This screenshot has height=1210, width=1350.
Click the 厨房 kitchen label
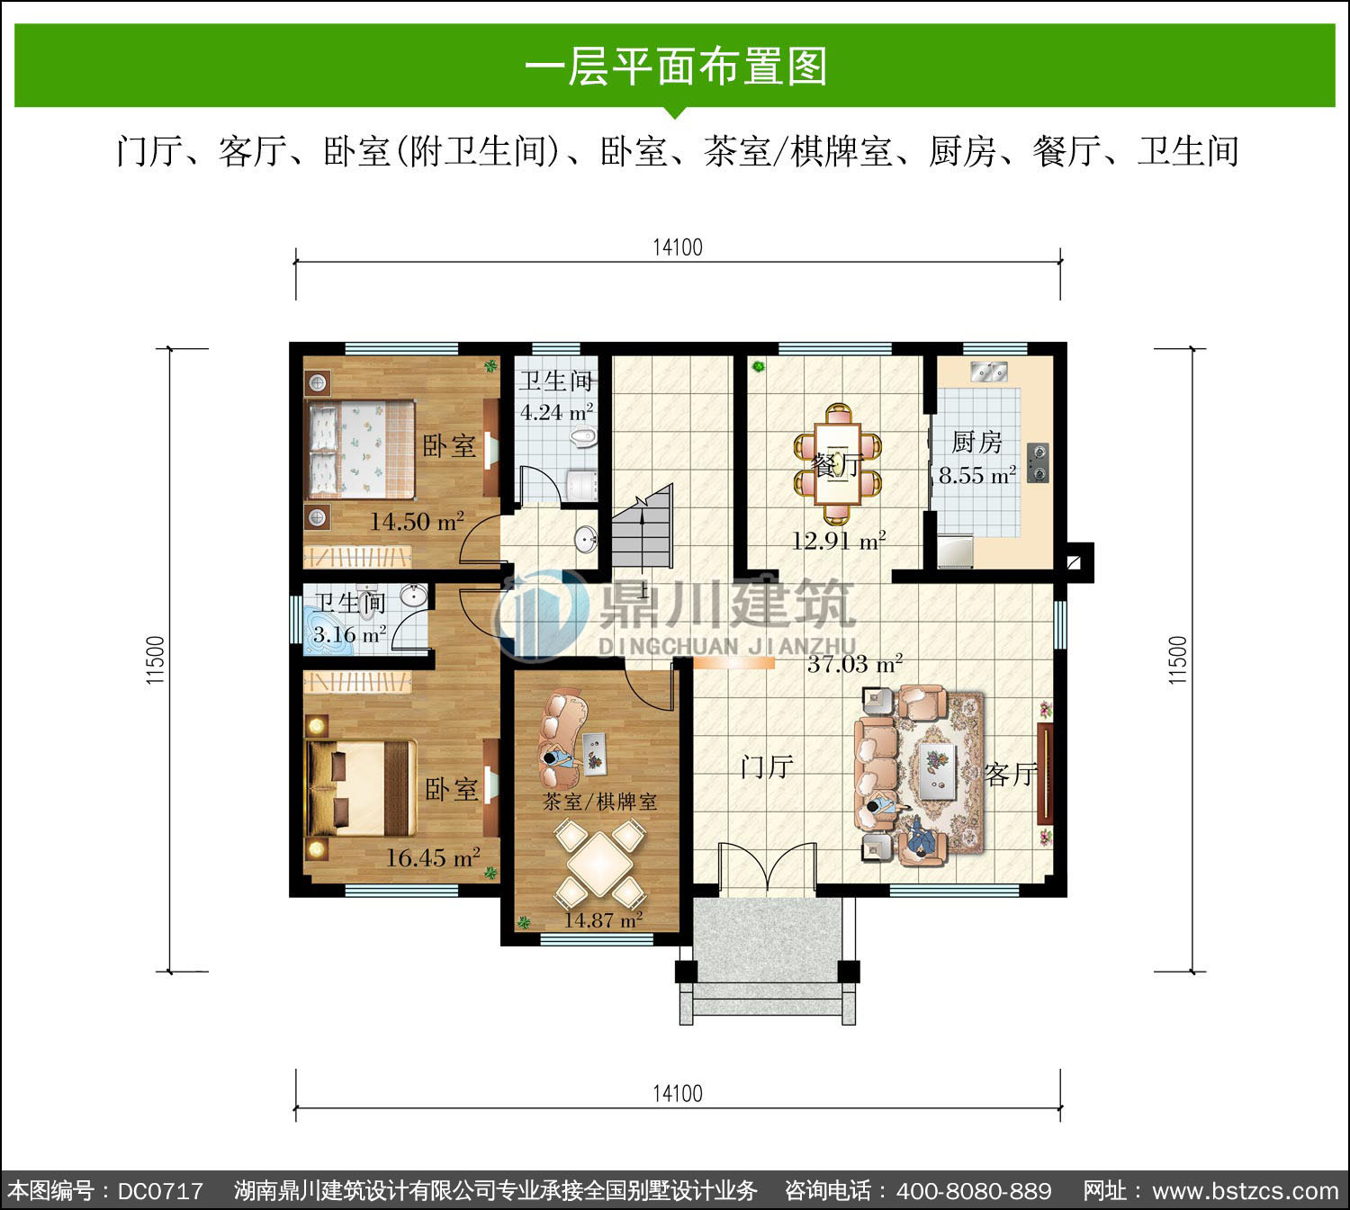[976, 443]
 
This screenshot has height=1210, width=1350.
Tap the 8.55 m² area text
[977, 475]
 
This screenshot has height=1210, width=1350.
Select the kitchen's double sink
[988, 372]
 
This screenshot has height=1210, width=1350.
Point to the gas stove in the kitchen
[1039, 462]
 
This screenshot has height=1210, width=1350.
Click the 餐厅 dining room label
[838, 465]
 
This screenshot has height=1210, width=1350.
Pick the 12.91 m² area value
[838, 540]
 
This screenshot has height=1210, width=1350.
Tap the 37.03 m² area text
[855, 664]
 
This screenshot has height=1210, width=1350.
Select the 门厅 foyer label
[767, 767]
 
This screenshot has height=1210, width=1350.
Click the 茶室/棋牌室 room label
[599, 802]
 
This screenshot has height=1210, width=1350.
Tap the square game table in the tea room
[599, 864]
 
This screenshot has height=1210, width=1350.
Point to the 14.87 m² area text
[603, 921]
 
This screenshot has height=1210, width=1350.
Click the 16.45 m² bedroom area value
[433, 857]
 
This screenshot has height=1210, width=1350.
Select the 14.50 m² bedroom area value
[417, 521]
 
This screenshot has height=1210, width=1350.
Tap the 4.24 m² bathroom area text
[556, 412]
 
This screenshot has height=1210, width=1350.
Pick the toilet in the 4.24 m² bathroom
[584, 438]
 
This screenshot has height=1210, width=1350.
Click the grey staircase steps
[643, 526]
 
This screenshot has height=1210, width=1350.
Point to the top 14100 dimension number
[678, 247]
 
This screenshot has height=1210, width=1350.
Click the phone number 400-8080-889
[974, 1191]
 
